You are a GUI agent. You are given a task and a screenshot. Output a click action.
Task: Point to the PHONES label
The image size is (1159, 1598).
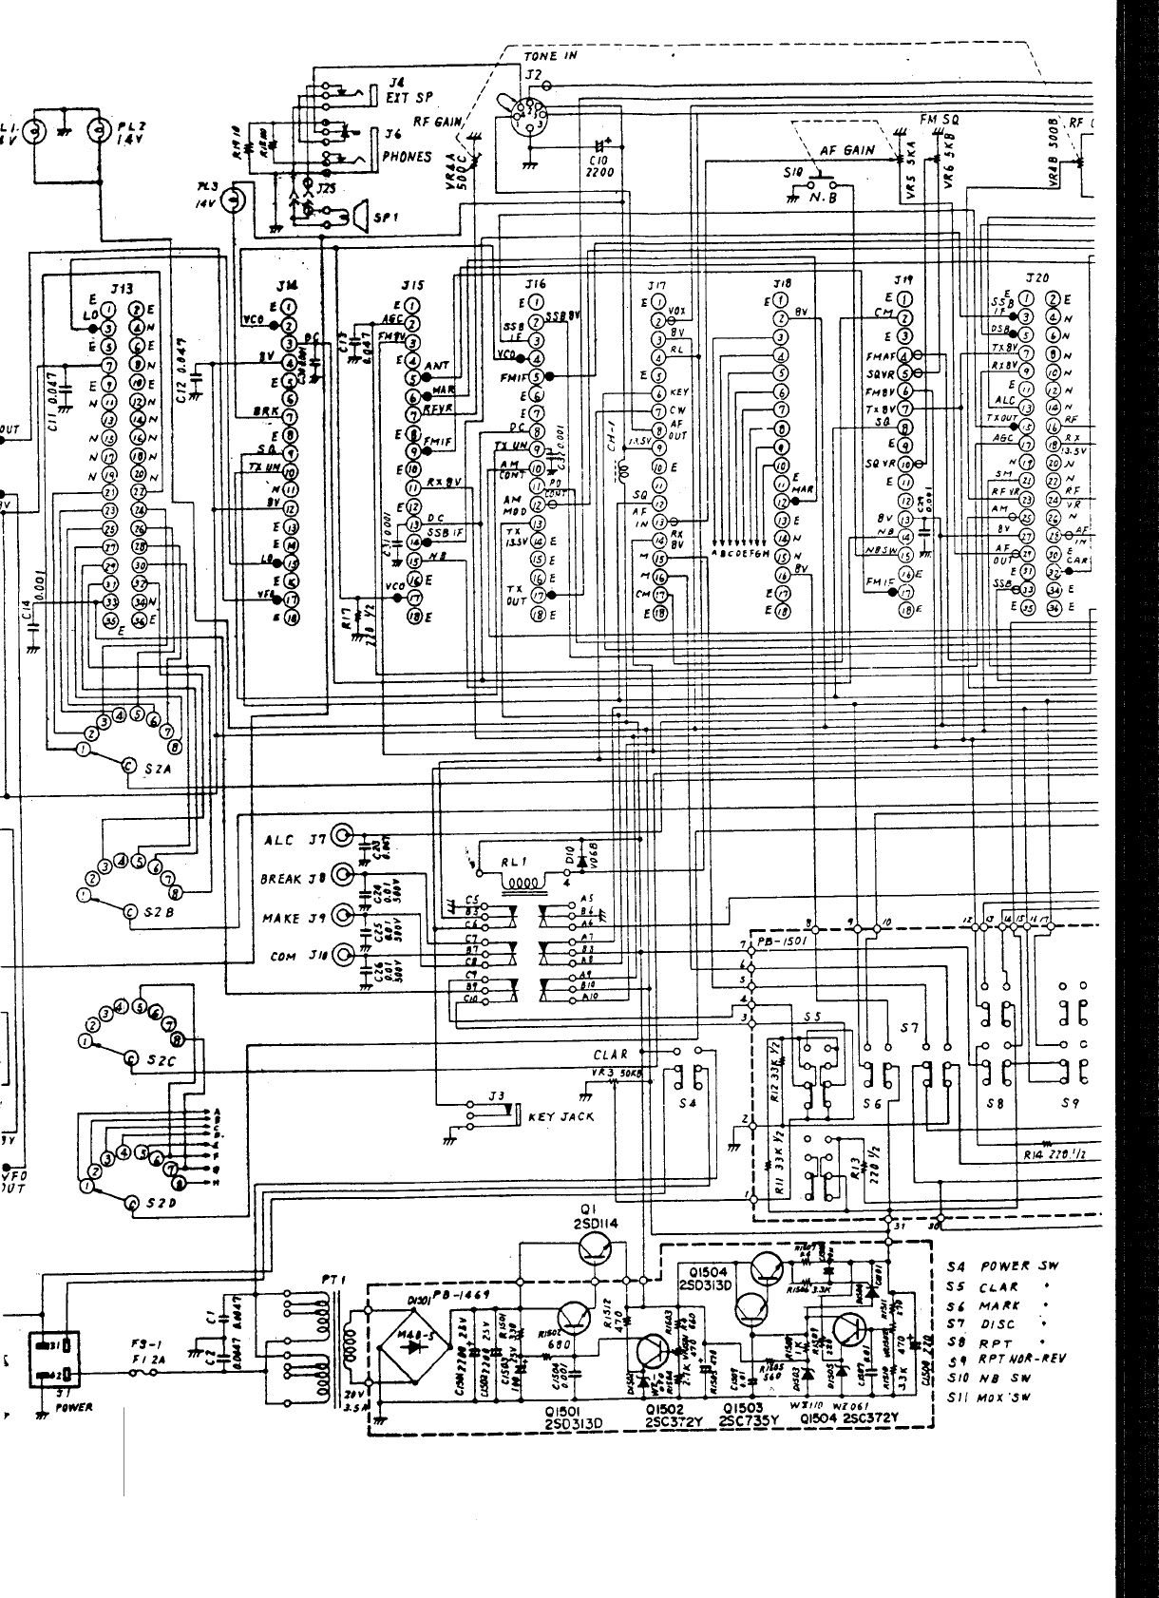[x=406, y=156]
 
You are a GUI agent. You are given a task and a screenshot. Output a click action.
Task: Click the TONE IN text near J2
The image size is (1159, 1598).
[x=550, y=56]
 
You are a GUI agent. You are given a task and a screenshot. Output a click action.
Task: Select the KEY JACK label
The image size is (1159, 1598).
[x=560, y=1117]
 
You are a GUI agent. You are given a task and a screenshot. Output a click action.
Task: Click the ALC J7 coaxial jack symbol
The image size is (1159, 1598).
[x=343, y=837]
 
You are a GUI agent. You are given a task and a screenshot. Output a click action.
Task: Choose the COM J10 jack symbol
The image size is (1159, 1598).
[x=343, y=955]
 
